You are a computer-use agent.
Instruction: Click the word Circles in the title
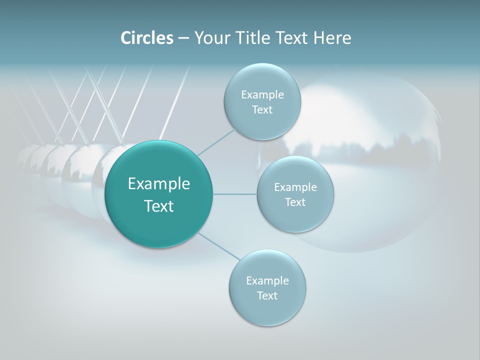pos(147,38)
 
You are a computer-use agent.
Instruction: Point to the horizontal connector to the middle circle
pos(234,194)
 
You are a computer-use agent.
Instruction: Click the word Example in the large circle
pos(159,184)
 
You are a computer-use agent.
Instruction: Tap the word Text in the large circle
pos(159,206)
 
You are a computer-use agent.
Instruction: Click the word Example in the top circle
pos(262,95)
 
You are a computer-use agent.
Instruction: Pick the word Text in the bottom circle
pos(267,296)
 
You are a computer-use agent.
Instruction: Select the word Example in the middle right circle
pos(295,187)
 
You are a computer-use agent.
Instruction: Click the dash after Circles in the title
pos(183,38)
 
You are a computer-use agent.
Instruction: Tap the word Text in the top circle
pos(262,110)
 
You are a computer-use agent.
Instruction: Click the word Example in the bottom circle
pos(267,281)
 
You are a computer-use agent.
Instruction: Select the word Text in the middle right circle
pos(295,202)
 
